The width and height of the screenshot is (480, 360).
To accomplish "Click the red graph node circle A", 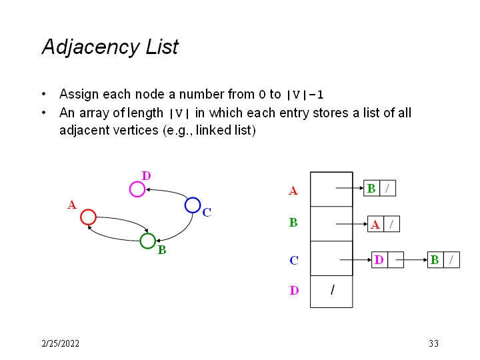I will point(88,217).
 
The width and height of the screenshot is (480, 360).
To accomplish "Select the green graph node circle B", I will point(148,241).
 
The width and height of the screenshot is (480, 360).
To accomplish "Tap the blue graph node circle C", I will point(193,205).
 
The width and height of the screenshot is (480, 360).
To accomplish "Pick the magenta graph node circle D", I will point(137,189).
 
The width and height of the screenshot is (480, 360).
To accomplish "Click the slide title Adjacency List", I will point(110,47).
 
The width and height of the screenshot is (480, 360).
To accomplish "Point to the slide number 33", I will point(433,344).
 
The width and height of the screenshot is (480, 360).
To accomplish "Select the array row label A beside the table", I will point(293,191).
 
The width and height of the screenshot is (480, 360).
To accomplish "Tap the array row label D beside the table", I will point(294,291).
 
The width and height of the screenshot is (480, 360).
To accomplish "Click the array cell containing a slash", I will point(331,291).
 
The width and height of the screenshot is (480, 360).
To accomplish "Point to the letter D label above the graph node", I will point(146,176).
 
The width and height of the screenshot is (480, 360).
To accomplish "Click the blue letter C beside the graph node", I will point(207,213).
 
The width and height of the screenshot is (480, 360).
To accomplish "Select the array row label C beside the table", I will point(293,260).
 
